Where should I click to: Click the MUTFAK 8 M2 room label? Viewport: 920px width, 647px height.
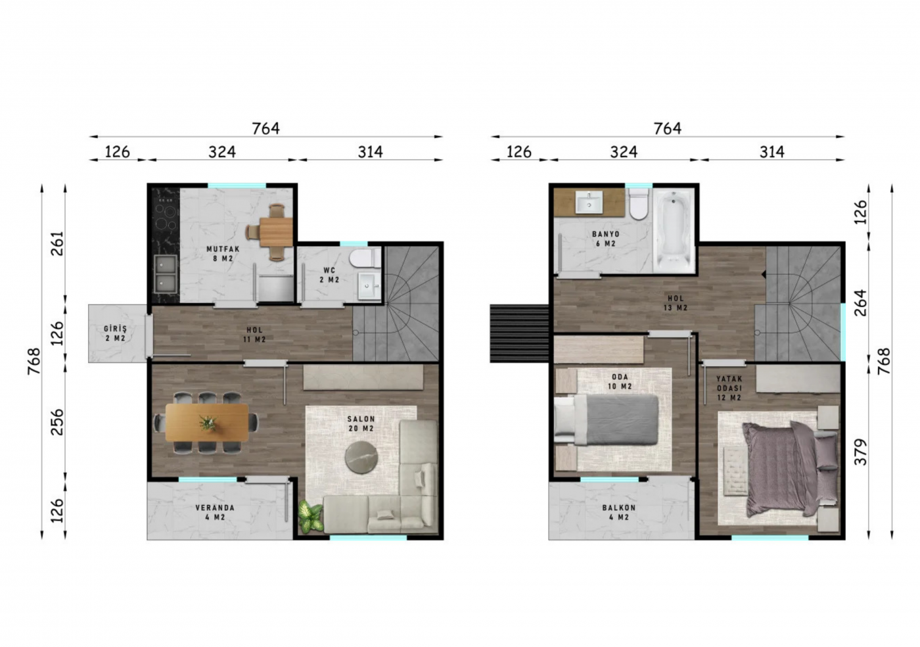223,254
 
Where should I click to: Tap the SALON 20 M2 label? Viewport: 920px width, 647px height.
361,423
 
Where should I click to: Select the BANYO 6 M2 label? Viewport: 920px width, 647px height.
606,239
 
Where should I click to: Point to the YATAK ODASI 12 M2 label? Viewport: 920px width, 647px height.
729,388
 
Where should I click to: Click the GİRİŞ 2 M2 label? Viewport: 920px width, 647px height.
116,333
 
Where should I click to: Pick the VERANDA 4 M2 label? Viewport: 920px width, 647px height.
215,512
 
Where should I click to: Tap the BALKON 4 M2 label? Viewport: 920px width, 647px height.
618,512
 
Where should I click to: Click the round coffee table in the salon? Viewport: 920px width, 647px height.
361,457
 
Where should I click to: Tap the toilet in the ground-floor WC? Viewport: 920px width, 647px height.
365,258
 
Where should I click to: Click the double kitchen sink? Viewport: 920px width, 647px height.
166,274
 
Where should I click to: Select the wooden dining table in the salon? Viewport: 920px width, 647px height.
207,423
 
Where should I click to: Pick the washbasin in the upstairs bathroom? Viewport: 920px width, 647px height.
589,203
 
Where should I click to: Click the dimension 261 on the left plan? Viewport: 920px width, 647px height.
58,243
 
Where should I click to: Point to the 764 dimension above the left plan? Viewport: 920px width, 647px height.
265,129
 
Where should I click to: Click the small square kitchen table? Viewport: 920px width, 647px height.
276,232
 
